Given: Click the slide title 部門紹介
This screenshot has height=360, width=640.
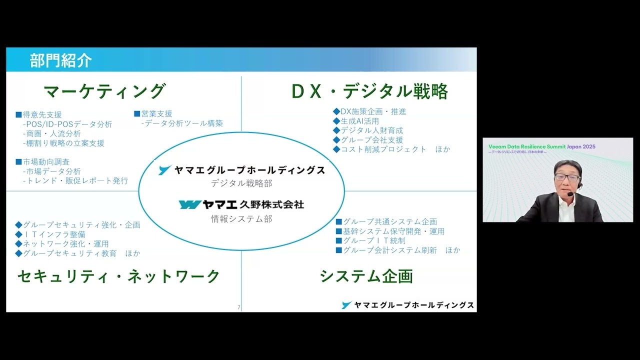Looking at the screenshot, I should coord(60,60).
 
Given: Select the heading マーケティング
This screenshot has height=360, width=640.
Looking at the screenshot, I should coord(104,91).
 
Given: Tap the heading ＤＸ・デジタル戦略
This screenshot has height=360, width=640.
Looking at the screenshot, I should coord(369,91).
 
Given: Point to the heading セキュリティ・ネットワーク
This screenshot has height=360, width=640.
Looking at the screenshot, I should coord(118,276).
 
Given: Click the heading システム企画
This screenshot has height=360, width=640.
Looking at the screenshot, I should coord(366,276).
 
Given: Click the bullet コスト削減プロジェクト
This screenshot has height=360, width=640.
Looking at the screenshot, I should coord(383,149).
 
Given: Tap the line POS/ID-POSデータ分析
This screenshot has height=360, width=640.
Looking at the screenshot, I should coord(67,124).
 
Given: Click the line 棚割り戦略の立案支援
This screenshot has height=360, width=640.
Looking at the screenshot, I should coord(63,143).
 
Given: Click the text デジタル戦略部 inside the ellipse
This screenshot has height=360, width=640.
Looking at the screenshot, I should coord(241,183).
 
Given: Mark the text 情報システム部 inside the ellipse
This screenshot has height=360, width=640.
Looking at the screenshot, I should coord(241,218).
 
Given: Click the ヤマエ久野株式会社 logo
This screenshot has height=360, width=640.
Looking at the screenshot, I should coord(241,204).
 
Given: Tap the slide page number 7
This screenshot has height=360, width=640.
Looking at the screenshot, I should coord(239,307).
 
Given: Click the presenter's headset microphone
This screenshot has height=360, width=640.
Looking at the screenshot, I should coord(570,193).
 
